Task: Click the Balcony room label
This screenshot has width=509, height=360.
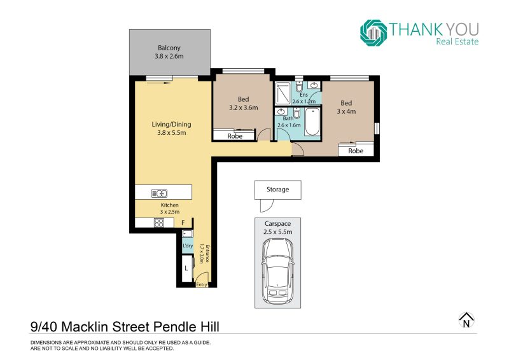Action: click(x=169, y=48)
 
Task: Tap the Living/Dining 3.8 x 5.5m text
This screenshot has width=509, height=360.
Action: click(x=171, y=128)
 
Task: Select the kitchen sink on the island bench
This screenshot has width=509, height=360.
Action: click(x=159, y=193)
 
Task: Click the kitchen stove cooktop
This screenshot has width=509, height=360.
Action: click(x=158, y=223)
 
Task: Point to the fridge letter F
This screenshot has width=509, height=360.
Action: click(x=183, y=223)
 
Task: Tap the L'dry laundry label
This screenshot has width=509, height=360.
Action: click(x=188, y=246)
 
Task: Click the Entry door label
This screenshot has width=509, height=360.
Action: click(x=202, y=284)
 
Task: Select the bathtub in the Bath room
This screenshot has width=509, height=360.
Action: click(x=312, y=121)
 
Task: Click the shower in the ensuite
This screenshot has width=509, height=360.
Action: click(x=282, y=93)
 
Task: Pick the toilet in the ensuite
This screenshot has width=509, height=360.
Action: click(x=299, y=86)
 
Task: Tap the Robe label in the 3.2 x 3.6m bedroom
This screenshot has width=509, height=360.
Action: click(x=235, y=136)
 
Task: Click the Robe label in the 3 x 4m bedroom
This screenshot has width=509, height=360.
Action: click(x=356, y=151)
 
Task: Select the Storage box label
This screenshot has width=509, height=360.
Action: click(x=277, y=190)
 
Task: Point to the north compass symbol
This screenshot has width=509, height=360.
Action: click(x=466, y=321)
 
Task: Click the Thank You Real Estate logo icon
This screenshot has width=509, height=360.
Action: click(x=373, y=33)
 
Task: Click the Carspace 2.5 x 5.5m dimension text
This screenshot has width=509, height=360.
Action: click(x=277, y=228)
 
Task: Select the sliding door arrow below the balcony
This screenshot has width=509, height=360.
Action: click(x=158, y=83)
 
